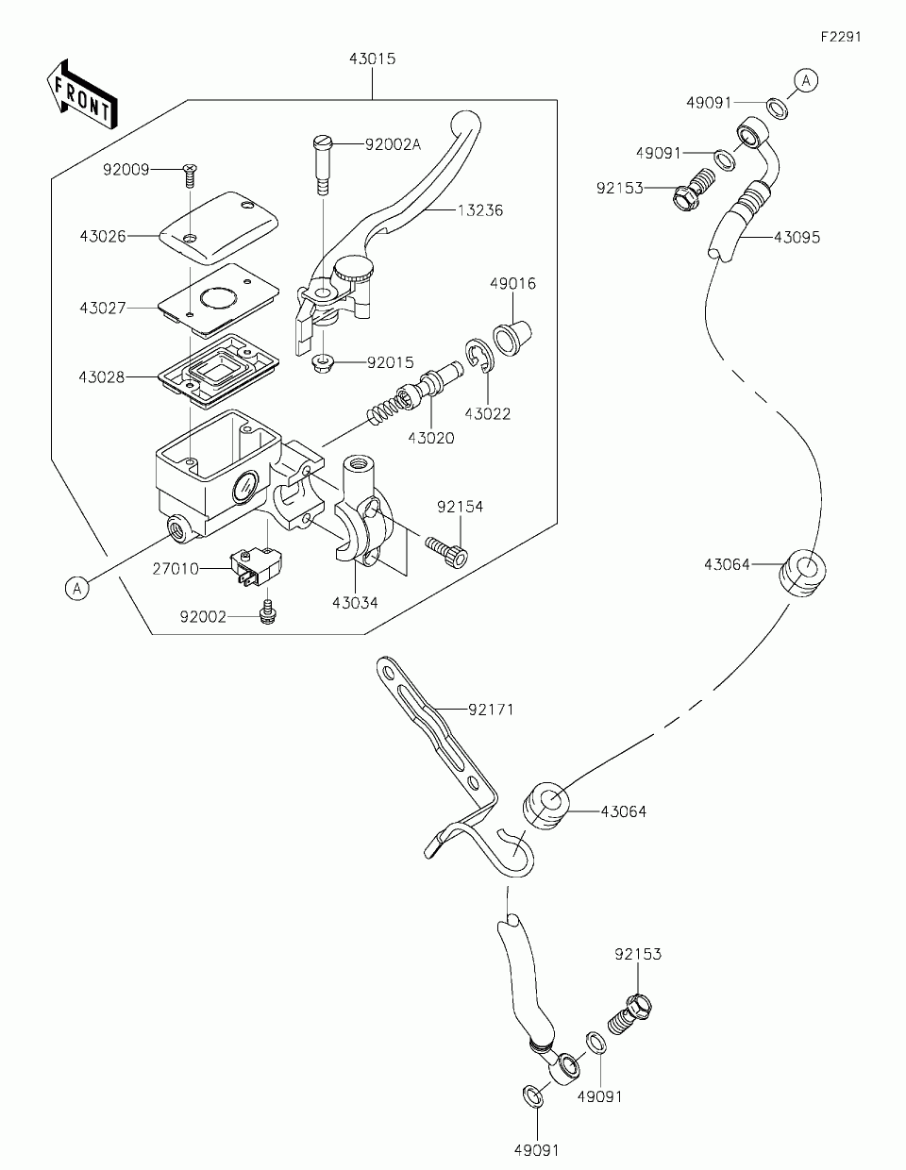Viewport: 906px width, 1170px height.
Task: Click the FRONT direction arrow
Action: point(81,92)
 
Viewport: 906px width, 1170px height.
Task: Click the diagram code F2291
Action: point(841,37)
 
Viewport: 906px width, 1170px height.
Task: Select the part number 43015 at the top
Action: point(372,58)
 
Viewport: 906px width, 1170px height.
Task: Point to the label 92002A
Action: point(393,144)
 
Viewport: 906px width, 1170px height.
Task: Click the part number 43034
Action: point(355,602)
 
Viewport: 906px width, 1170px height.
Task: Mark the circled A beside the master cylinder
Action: point(78,589)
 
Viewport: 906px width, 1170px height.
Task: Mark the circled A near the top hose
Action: point(805,82)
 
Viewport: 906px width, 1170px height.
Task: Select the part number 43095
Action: point(797,238)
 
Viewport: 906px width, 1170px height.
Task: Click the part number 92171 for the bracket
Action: point(491,710)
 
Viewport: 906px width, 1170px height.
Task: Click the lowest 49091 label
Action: point(537,1150)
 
